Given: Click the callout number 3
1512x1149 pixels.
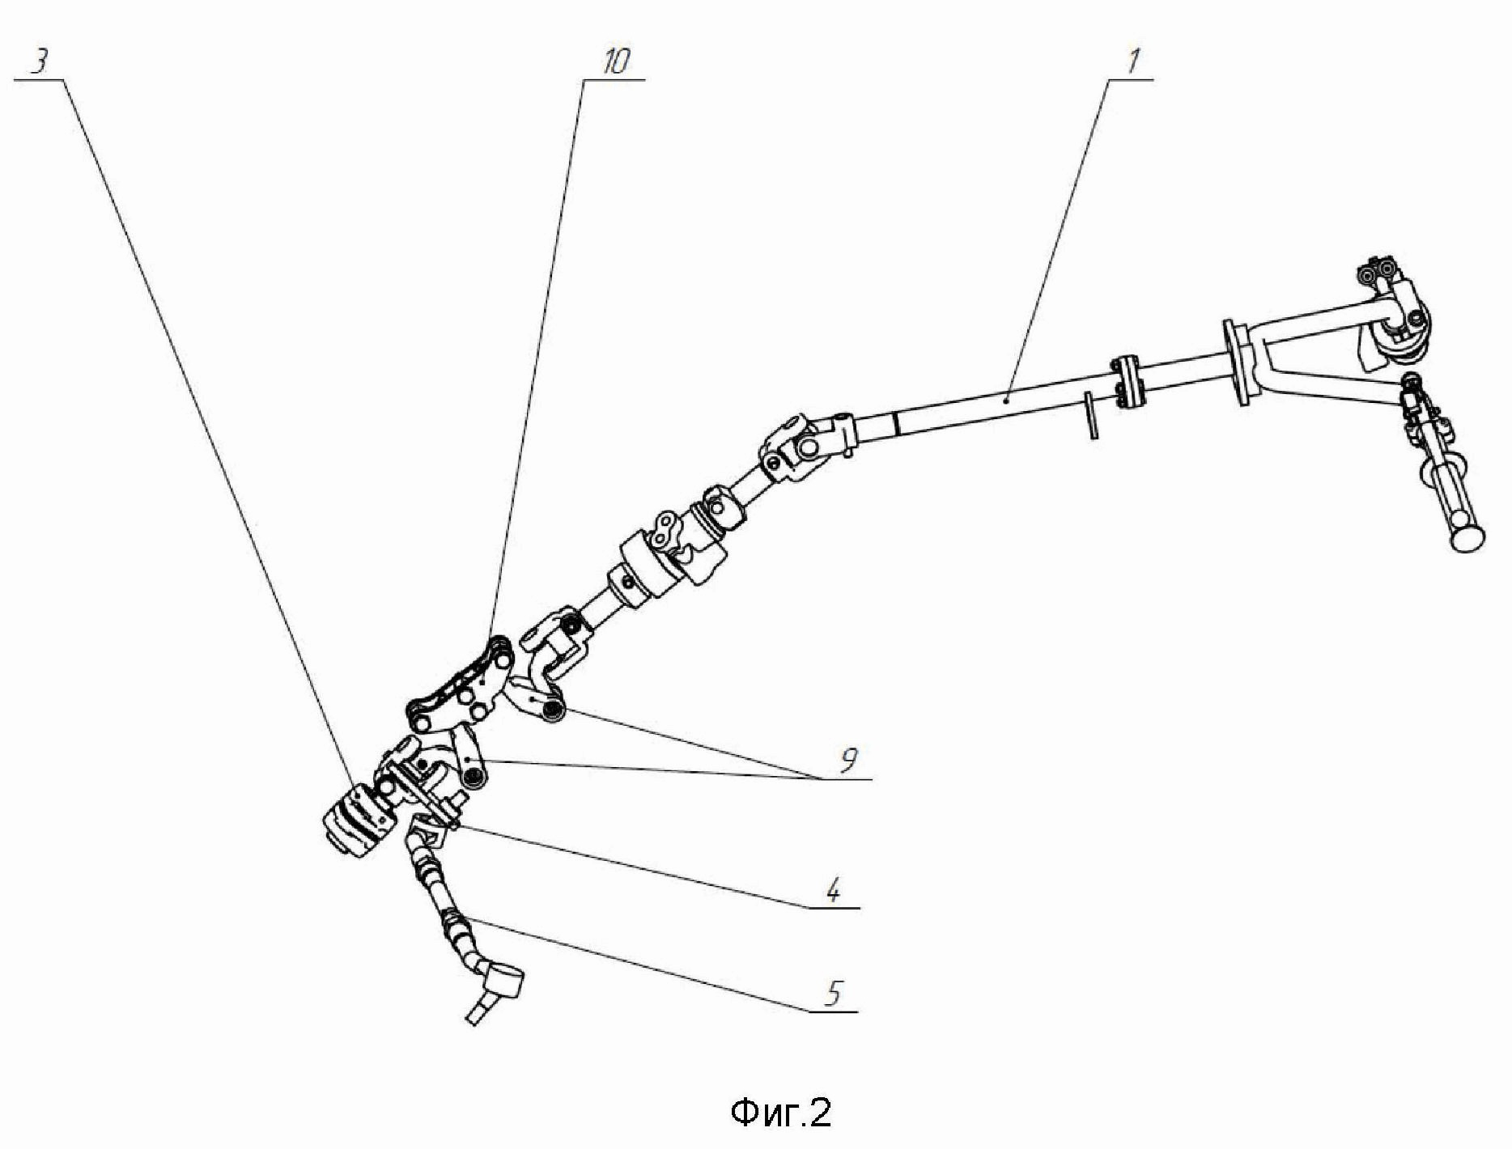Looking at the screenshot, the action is tap(38, 63).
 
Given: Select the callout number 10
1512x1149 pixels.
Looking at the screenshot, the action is tap(614, 63).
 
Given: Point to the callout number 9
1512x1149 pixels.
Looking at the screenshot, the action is tap(847, 760).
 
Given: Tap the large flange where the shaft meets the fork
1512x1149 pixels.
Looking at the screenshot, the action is tap(1236, 361).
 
